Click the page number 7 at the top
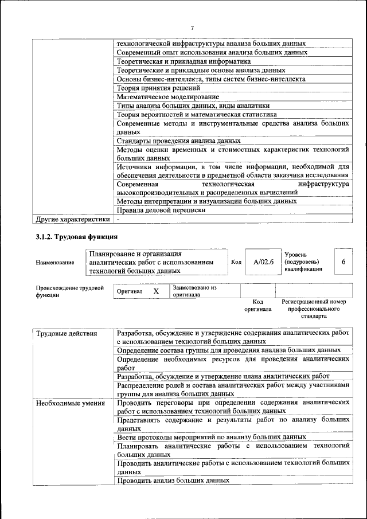192,28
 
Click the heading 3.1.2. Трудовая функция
77,236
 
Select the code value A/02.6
264,262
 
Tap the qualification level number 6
343,262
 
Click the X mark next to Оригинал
156,291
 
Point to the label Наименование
55,263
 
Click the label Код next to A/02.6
236,262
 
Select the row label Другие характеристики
73,219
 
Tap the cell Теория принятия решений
158,88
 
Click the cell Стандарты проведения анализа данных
178,141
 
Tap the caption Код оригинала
257,305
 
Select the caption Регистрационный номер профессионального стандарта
314,309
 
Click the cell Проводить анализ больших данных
173,481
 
